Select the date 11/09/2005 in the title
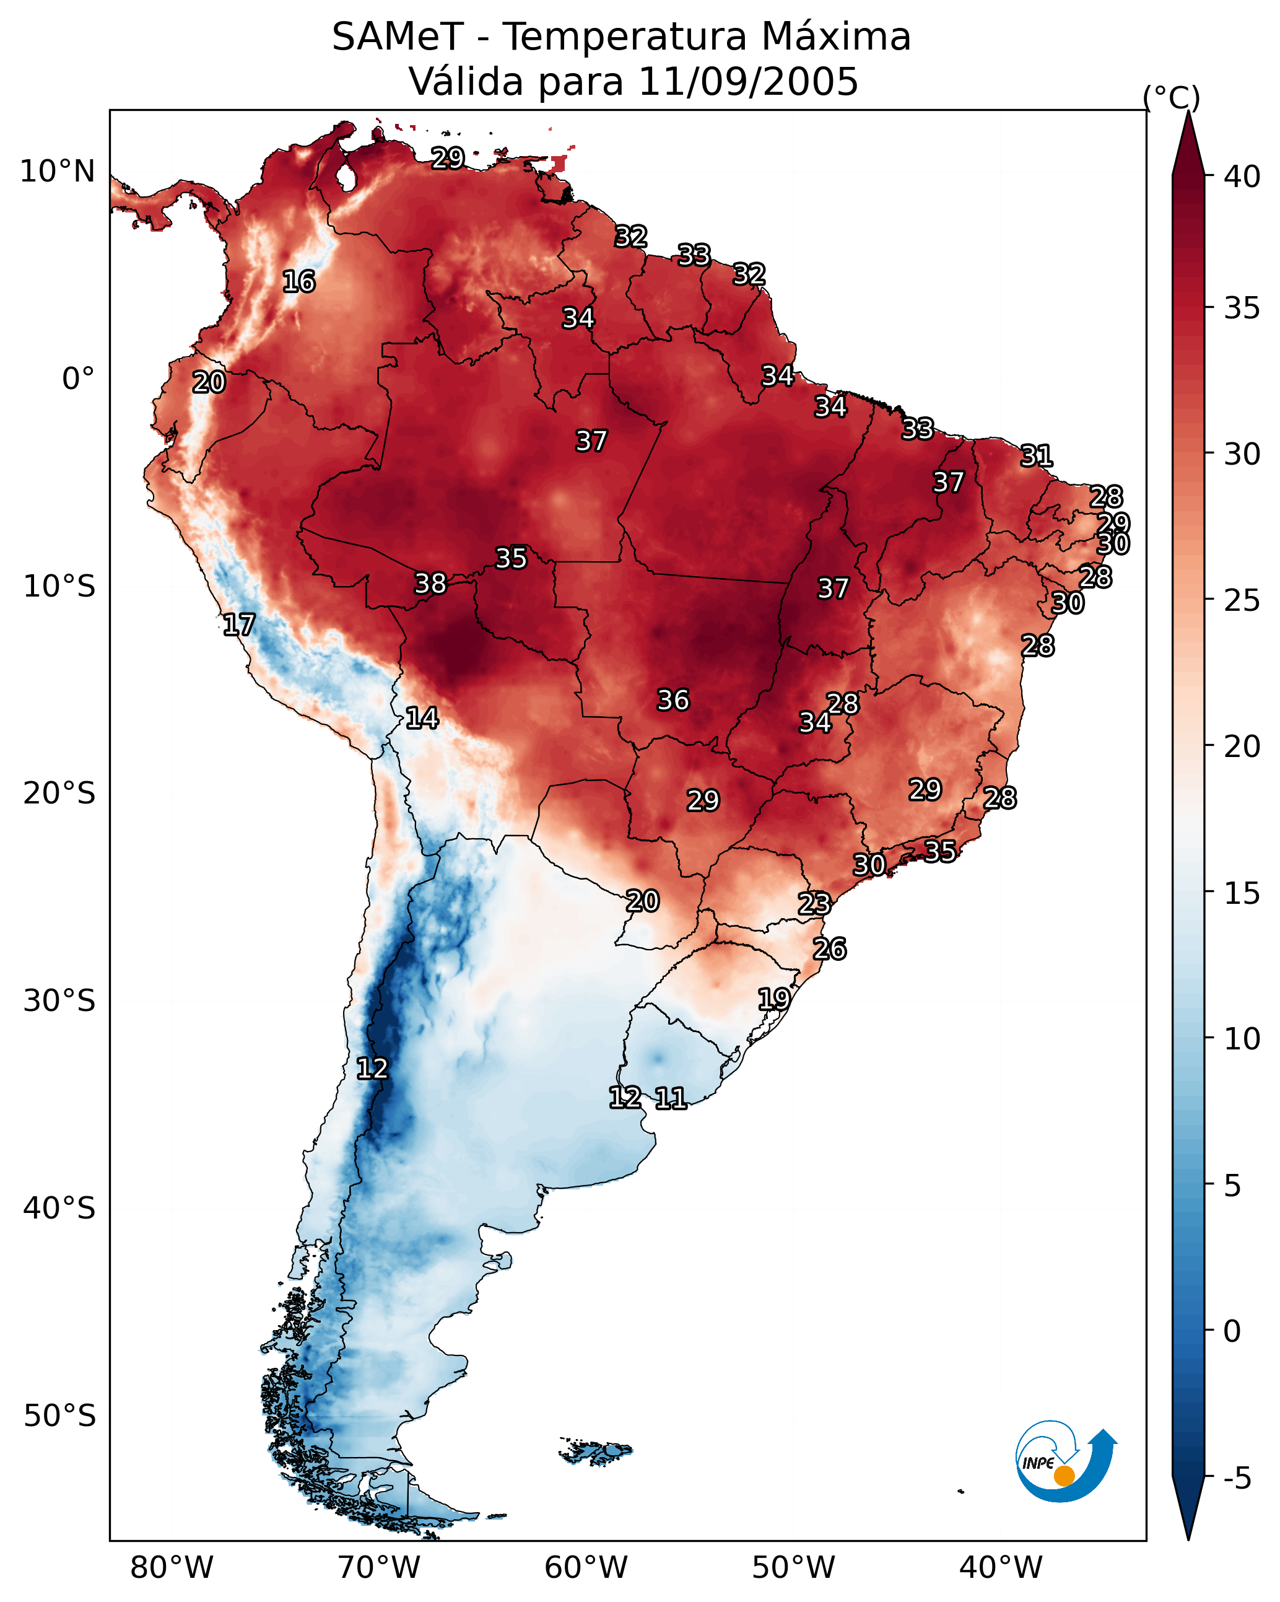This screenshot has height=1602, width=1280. click(x=747, y=82)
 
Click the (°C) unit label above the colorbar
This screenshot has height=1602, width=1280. click(x=1172, y=97)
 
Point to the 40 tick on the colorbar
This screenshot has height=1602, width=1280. click(x=1243, y=177)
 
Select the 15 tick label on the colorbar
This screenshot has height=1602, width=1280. click(x=1243, y=893)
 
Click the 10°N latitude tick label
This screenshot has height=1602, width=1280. click(x=57, y=172)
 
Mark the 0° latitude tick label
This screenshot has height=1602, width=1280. click(x=79, y=379)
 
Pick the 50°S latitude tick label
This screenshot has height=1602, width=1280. click(x=59, y=1416)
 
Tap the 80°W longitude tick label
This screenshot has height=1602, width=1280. click(x=172, y=1568)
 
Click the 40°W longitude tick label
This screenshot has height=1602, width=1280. click(x=1001, y=1568)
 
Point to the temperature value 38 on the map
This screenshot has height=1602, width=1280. click(x=430, y=584)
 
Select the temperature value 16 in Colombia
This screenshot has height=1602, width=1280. click(x=298, y=282)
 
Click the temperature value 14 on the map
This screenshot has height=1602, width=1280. click(x=422, y=718)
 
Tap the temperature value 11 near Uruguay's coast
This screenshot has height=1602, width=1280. click(x=671, y=1098)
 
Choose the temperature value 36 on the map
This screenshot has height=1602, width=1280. click(x=673, y=700)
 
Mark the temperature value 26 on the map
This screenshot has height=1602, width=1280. click(x=829, y=949)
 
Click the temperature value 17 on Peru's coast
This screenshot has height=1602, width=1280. click(x=239, y=625)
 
